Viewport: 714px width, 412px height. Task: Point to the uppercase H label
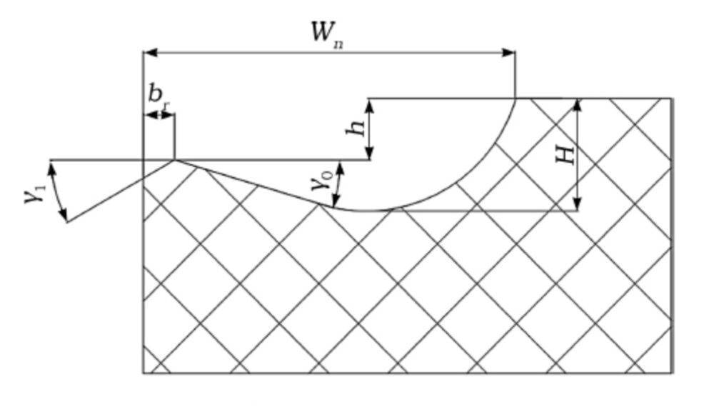click(565, 153)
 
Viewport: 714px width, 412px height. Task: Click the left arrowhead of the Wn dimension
click(149, 52)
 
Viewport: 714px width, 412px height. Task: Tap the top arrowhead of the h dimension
click(369, 104)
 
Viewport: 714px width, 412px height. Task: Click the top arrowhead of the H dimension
click(578, 104)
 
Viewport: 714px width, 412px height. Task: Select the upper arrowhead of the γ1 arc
click(51, 166)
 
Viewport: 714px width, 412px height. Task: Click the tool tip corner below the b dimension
click(174, 161)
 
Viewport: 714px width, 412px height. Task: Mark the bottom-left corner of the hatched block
click(144, 373)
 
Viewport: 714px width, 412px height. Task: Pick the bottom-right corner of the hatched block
click(671, 373)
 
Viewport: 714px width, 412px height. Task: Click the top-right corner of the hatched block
click(671, 99)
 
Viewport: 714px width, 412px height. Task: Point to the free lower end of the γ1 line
click(67, 222)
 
